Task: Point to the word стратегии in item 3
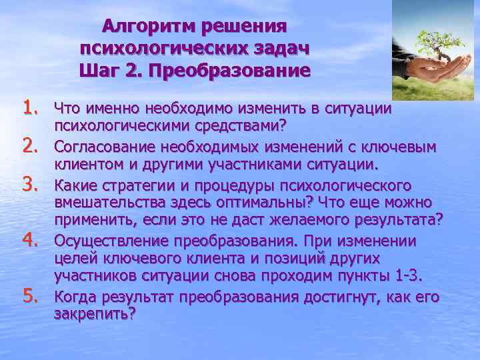133,185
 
